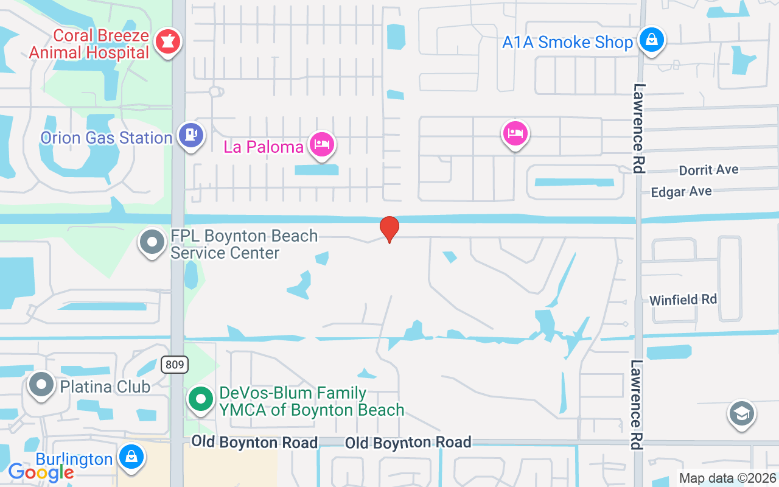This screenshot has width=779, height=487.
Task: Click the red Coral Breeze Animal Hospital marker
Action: point(165,42)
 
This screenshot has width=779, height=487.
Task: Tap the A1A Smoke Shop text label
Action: point(567,43)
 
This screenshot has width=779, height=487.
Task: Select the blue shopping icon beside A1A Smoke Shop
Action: point(651,40)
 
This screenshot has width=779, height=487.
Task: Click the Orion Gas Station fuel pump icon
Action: point(191,135)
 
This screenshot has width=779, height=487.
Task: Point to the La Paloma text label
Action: point(264,147)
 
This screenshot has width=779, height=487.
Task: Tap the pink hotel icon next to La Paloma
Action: point(321,145)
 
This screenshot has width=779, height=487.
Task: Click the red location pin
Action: point(389,229)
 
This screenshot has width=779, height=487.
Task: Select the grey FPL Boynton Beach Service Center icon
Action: point(152,242)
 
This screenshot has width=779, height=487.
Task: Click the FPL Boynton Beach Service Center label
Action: point(243,244)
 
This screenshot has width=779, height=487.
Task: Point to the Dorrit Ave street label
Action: point(708,170)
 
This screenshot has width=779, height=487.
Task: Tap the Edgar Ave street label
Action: point(681,192)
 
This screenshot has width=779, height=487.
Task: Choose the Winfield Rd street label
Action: point(683,300)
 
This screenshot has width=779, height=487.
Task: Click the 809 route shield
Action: point(175,365)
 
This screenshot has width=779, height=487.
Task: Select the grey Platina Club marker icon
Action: point(42,385)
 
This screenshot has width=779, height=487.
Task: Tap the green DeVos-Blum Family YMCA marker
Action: point(200,399)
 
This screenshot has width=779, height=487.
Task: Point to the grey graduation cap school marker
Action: point(741,415)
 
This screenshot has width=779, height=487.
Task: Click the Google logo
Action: point(41,472)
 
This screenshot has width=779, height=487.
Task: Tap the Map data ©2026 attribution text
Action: point(728,478)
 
